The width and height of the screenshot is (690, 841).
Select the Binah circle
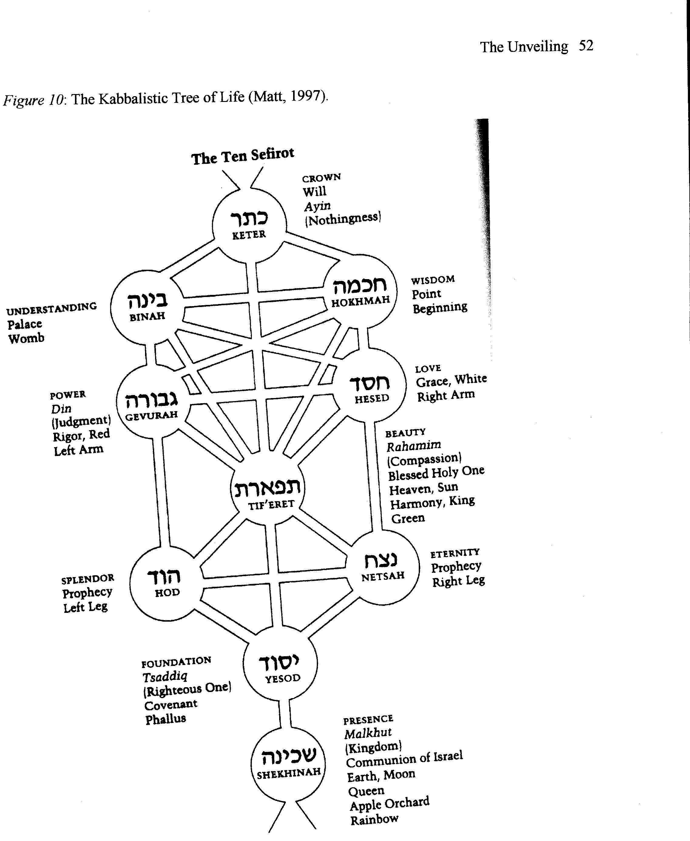[147, 307]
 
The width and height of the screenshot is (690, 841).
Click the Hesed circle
[370, 385]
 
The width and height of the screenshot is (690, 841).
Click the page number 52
[586, 46]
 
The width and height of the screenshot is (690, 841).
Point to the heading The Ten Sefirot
[242, 156]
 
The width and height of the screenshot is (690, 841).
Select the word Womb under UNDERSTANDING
[26, 339]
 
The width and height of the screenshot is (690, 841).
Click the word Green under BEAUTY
[408, 518]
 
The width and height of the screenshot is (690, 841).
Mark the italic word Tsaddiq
[164, 676]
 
